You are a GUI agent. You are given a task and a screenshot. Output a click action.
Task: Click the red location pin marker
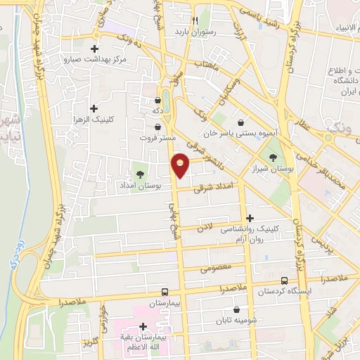pyautogui.click(x=181, y=165)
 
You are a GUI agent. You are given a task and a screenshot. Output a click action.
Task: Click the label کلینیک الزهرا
pyautogui.click(x=94, y=121)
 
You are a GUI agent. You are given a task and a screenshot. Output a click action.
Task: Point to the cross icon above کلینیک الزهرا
pyautogui.click(x=94, y=108)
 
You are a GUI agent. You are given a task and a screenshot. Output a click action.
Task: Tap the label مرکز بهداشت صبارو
pyautogui.click(x=94, y=60)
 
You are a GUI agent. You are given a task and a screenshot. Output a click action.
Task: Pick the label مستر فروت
pyautogui.click(x=156, y=139)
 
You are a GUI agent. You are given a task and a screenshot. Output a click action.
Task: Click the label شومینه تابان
pyautogui.click(x=236, y=321)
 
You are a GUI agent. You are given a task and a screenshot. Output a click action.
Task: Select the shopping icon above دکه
pyautogui.click(x=156, y=99)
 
